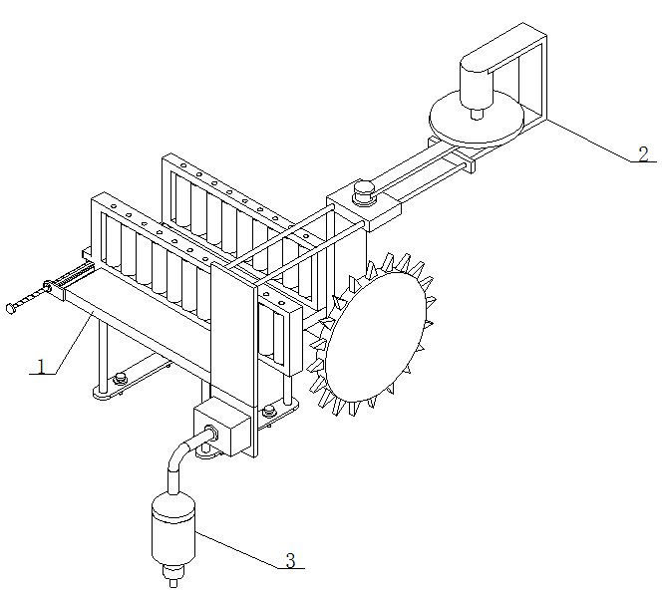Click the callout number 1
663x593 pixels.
[x=41, y=366]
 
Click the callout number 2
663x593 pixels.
[x=643, y=153]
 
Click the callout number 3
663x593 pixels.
[x=290, y=560]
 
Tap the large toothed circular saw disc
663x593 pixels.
[x=374, y=335]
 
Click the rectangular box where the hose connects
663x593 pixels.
[x=221, y=429]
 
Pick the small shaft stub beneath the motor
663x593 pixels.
[x=477, y=115]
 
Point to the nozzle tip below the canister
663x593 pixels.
[x=173, y=583]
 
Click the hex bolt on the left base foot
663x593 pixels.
[x=120, y=378]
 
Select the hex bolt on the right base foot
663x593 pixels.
[x=269, y=410]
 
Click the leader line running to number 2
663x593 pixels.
[x=588, y=141]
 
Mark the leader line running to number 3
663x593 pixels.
[x=237, y=549]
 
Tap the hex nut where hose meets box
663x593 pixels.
[x=211, y=433]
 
